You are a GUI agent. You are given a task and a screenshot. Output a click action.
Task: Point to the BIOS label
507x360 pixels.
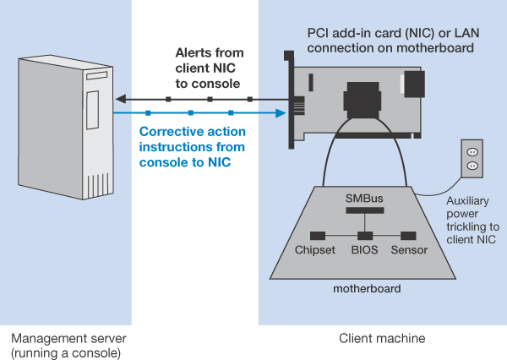pos(365,250)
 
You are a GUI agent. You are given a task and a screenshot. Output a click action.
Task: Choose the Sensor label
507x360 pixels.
pos(409,250)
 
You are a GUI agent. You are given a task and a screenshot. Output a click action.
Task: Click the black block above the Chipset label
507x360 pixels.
pos(319,234)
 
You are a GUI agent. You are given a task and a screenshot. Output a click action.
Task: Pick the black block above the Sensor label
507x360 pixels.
pos(409,234)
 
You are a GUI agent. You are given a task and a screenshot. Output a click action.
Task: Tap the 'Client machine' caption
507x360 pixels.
pos(382,338)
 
